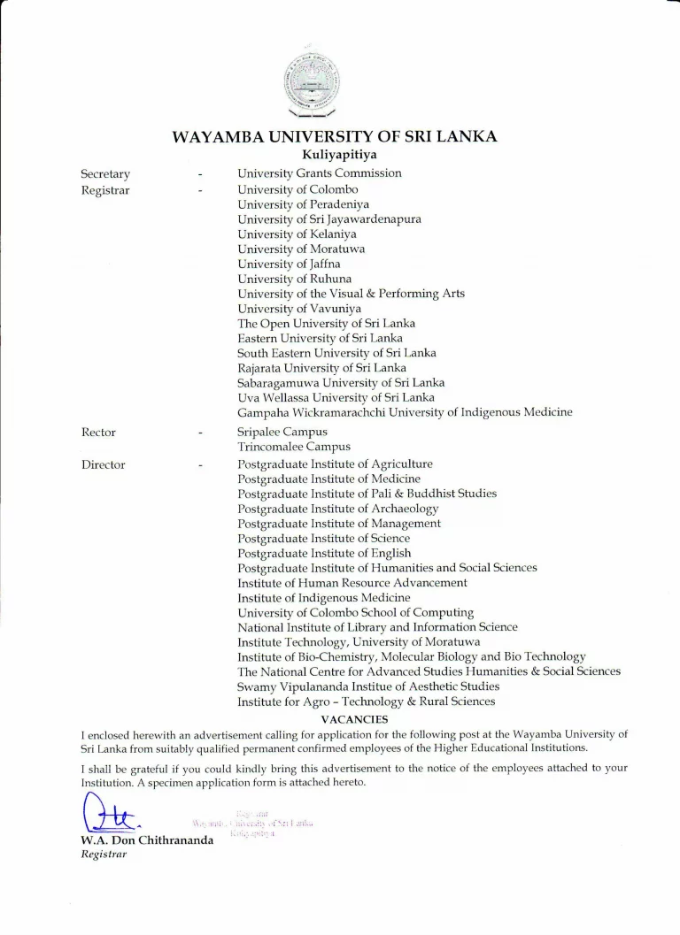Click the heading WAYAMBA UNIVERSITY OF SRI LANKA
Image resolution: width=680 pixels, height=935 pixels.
pos(334,136)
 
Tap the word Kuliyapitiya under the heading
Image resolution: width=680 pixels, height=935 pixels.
pos(334,156)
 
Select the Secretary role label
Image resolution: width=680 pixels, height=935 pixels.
pos(105,174)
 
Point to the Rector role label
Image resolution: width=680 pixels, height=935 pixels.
pos(98,433)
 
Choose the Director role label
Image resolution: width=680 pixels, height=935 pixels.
pos(104,464)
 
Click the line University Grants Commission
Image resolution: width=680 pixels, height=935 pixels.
pos(319,173)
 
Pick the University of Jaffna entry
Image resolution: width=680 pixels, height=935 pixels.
pos(289,264)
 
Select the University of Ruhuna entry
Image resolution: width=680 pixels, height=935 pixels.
pos(294,279)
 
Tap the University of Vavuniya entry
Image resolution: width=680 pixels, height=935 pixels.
pos(299,309)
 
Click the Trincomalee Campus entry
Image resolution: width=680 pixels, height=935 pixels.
pos(294,448)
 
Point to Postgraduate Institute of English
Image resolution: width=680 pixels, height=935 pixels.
pos(324,554)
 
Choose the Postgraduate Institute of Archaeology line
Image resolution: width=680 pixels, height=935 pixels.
pos(337,509)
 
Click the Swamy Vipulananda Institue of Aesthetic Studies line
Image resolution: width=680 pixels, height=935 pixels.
pos(368,686)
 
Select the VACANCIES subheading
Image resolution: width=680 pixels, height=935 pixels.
pos(354,719)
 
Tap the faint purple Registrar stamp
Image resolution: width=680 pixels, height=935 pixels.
pos(253,823)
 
